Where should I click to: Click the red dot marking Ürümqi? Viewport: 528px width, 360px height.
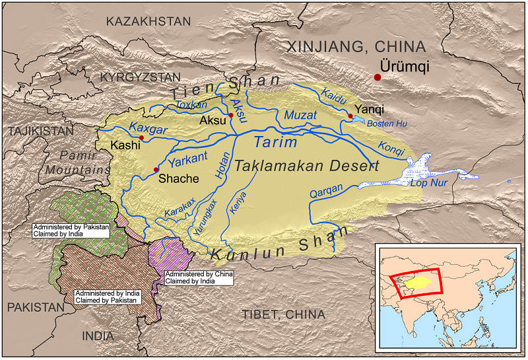[378, 77]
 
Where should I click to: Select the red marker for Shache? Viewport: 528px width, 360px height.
[156, 170]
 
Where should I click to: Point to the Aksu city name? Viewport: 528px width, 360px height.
[213, 122]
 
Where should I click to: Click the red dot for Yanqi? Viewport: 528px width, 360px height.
[350, 116]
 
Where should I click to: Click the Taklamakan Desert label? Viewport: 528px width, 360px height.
[308, 166]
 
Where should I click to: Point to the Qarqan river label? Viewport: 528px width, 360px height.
[327, 192]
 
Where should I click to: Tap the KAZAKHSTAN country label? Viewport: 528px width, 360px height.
[148, 21]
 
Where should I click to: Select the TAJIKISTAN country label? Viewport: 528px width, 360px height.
[41, 131]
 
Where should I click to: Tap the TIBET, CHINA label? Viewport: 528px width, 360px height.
[285, 314]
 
